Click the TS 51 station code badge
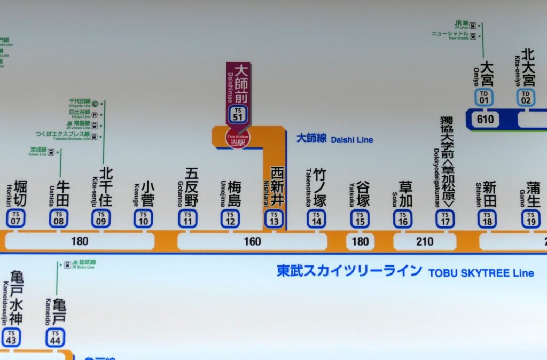coord(238,114)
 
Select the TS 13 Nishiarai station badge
coord(274,218)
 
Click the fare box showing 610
coord(486,119)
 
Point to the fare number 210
coord(425,241)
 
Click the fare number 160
coord(252,241)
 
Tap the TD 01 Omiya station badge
coord(485,97)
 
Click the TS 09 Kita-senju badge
coord(101,218)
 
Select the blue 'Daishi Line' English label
coord(352,140)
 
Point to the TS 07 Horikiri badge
coord(16,218)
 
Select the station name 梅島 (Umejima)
coord(235,193)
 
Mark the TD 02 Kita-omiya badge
coord(526,97)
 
